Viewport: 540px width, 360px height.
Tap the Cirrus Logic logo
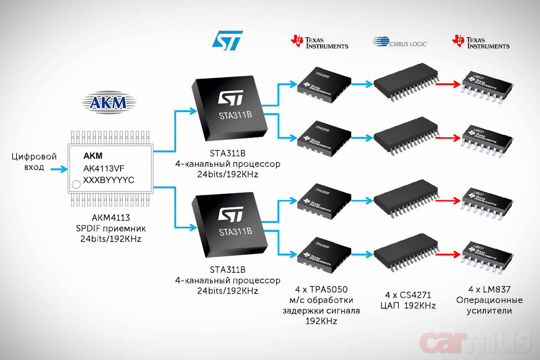[400, 42]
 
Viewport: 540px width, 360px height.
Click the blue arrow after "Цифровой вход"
[58, 170]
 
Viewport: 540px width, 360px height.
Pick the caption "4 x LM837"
[489, 289]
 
